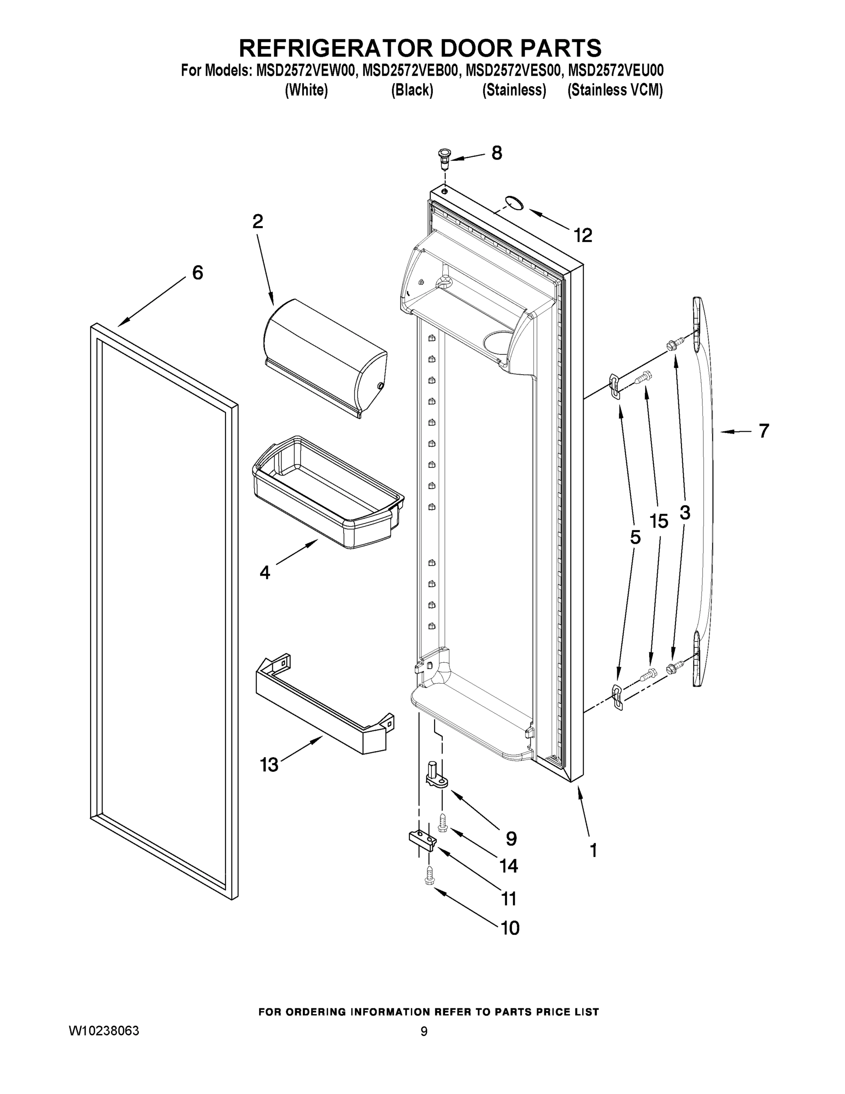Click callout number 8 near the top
click(x=496, y=153)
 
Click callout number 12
click(x=583, y=235)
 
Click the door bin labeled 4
click(x=328, y=493)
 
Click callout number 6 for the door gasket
click(x=198, y=273)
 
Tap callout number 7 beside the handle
click(x=763, y=431)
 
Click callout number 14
click(x=509, y=866)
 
